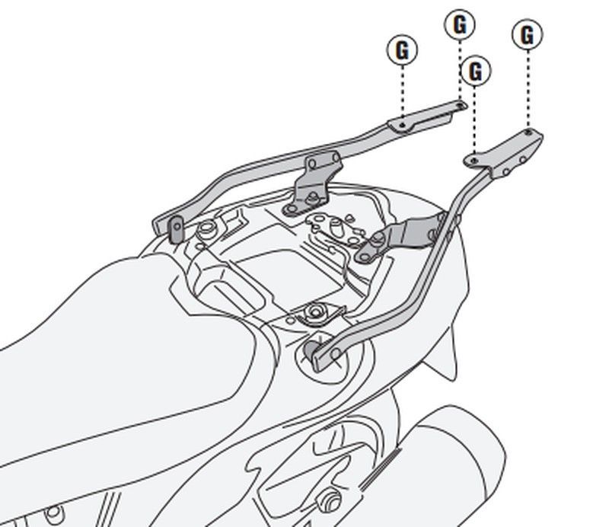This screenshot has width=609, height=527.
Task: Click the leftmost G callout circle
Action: (402, 50)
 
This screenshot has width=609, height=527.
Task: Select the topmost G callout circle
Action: (459, 25)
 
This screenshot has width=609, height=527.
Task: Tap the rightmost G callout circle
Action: (527, 34)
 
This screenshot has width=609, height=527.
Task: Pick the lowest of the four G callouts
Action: (476, 72)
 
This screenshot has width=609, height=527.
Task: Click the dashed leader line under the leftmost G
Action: (402, 91)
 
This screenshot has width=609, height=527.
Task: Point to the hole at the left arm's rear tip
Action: (460, 104)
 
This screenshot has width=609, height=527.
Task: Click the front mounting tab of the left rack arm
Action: (174, 226)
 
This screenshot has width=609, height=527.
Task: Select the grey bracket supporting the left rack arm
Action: (312, 183)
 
